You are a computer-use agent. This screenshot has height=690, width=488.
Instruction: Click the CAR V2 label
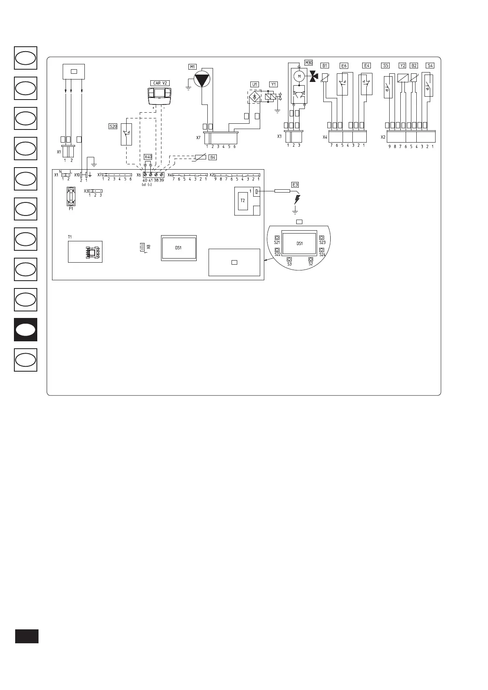coord(160,83)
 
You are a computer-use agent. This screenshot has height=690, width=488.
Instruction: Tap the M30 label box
coord(309,63)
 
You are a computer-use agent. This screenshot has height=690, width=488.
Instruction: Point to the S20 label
coord(113,127)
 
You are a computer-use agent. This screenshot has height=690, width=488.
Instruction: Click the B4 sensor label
coord(212,157)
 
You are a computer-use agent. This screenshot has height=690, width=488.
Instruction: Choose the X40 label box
coord(148,157)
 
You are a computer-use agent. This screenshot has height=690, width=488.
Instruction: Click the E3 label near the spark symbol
coord(295,184)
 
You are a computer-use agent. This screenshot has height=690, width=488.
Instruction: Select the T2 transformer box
coord(243,201)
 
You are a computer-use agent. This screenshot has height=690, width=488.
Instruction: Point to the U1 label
coord(255,85)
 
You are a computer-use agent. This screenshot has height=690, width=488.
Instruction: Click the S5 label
coord(385,66)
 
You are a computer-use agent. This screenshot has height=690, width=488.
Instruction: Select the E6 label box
coord(344,66)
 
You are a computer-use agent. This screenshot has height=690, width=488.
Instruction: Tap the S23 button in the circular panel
coord(322,238)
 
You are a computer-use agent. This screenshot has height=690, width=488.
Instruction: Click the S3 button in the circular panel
coord(289,259)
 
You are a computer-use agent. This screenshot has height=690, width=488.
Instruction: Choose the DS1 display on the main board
coord(179,248)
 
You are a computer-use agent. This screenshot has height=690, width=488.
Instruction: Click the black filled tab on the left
coord(26,330)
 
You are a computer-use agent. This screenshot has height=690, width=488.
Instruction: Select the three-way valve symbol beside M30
coord(314,76)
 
